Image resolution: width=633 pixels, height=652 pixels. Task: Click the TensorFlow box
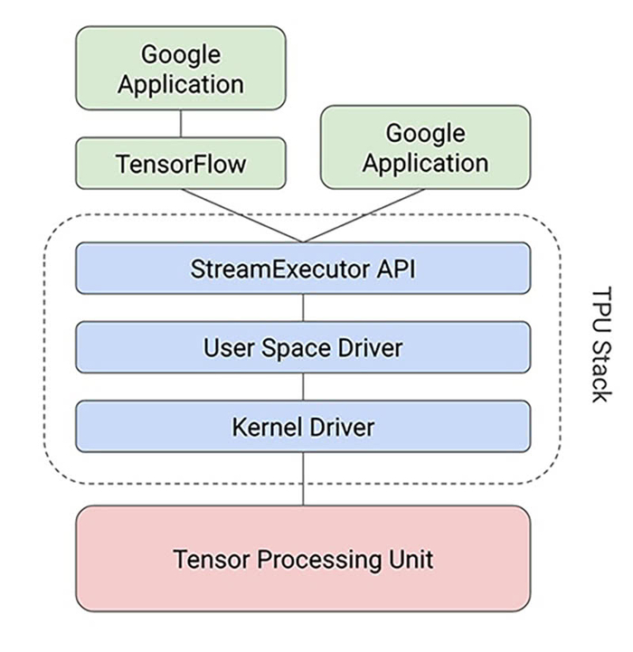point(180,164)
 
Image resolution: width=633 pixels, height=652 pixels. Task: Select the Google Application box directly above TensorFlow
point(180,69)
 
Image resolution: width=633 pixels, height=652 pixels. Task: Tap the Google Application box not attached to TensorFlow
point(425,148)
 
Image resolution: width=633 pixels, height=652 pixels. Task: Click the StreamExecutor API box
point(303,268)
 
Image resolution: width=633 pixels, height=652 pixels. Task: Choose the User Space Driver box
point(303,346)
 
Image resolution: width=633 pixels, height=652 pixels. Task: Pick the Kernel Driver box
point(303,425)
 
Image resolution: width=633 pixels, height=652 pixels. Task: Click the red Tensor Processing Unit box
point(303,558)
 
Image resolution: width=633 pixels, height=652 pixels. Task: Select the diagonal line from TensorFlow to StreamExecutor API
point(242,215)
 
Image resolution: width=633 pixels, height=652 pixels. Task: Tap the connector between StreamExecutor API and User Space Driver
point(303,307)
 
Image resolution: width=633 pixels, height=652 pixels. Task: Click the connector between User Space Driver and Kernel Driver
point(303,386)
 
